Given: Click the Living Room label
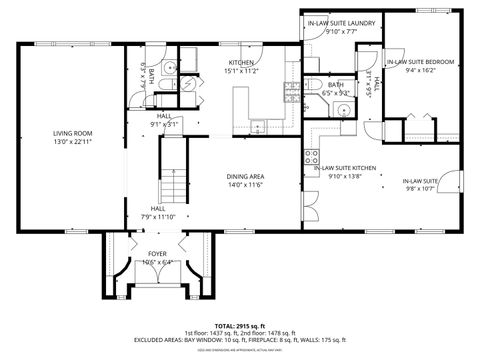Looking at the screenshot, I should click(x=72, y=133).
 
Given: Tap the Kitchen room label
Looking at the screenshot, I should click(x=243, y=62).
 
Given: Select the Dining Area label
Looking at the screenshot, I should click(x=244, y=175).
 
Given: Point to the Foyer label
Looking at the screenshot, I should click(x=157, y=254).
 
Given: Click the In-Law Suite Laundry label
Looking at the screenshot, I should click(x=341, y=22).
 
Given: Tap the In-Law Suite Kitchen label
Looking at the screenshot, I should click(x=345, y=168).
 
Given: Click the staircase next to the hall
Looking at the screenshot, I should click(x=174, y=173).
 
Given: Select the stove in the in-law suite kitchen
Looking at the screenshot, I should click(x=311, y=157).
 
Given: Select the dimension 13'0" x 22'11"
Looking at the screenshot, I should click(x=72, y=142).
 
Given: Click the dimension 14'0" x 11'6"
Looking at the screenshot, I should click(x=244, y=184).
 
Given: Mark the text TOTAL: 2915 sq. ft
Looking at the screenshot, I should click(x=240, y=326).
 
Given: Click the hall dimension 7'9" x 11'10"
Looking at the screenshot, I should click(x=158, y=216).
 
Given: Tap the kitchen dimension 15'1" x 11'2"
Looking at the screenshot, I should click(x=243, y=71).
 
